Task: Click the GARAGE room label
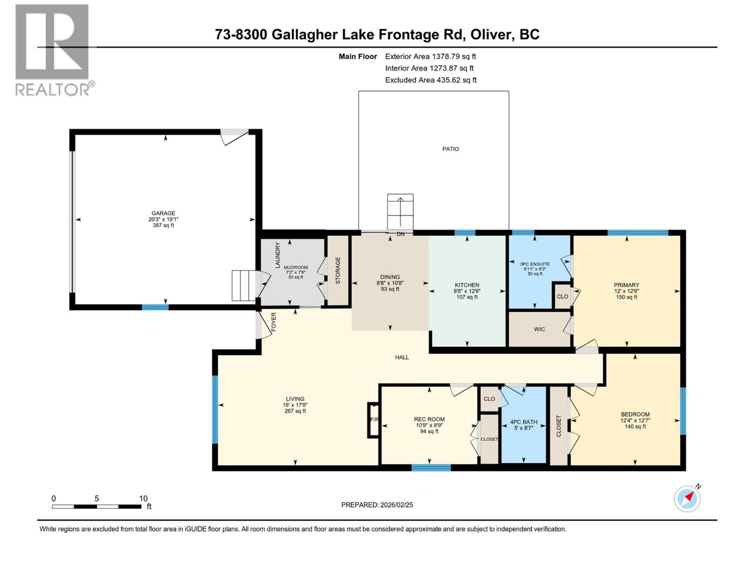coord(163,213)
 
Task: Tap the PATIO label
coord(450,149)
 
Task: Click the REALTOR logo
coord(53,50)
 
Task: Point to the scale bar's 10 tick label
coord(143,499)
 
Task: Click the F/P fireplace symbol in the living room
coord(373,420)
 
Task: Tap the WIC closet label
coord(539,329)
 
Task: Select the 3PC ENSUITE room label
coord(535,264)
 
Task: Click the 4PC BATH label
coord(523,422)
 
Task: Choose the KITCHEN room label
coord(467,285)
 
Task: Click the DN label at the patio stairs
coord(401,234)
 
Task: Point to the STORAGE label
coord(338,270)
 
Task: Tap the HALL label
coord(402,358)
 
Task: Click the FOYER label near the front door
coord(273,322)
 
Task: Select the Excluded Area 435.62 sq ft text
coord(430,80)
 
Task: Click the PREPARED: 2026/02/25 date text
coord(377,505)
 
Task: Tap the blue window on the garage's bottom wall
coord(155,308)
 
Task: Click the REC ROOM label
coord(429,419)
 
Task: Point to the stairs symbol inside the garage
coord(244,285)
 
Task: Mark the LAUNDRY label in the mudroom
coord(277,255)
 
